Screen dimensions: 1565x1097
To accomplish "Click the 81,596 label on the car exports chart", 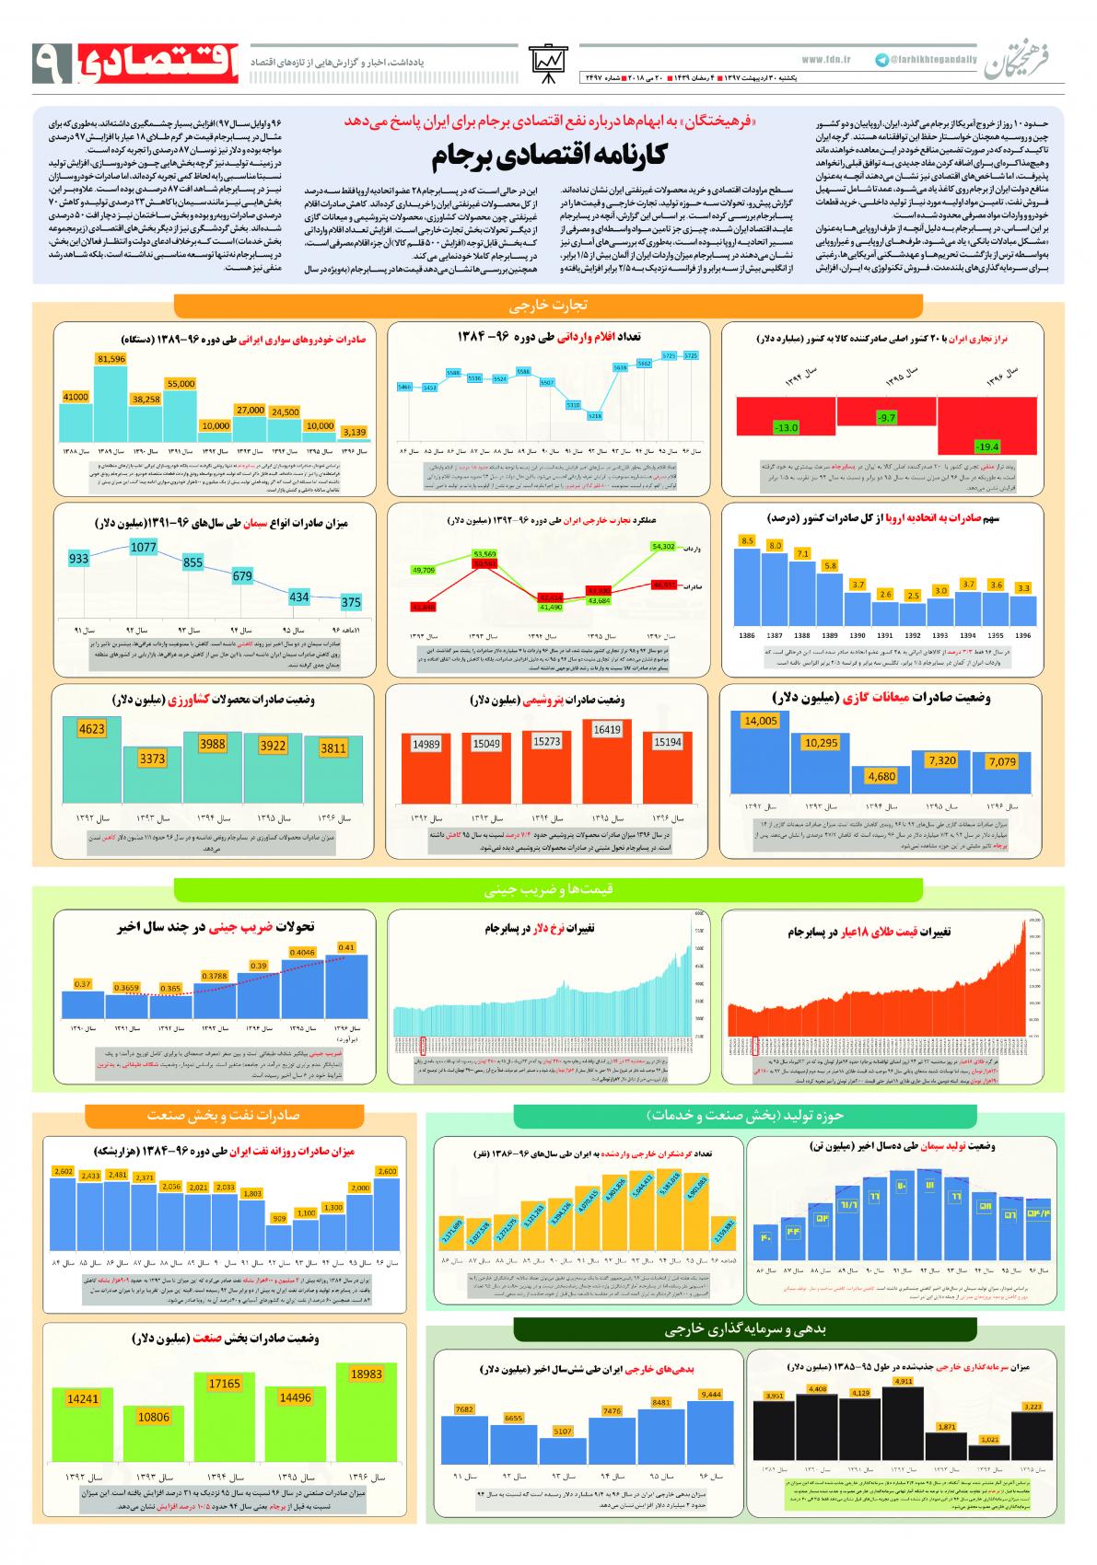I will point(111,358).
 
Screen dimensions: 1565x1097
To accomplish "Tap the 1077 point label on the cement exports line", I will point(144,547).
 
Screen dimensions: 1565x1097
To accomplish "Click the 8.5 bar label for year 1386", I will point(747,539).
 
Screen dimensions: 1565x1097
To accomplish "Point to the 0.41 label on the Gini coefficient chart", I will point(346,947).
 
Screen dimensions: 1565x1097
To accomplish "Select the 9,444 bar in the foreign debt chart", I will point(710,1433).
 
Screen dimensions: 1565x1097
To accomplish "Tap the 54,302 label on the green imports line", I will point(662,546).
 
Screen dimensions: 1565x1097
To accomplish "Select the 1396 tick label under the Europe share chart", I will point(1022,635).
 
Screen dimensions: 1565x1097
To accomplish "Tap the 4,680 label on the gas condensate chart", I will point(881,776).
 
